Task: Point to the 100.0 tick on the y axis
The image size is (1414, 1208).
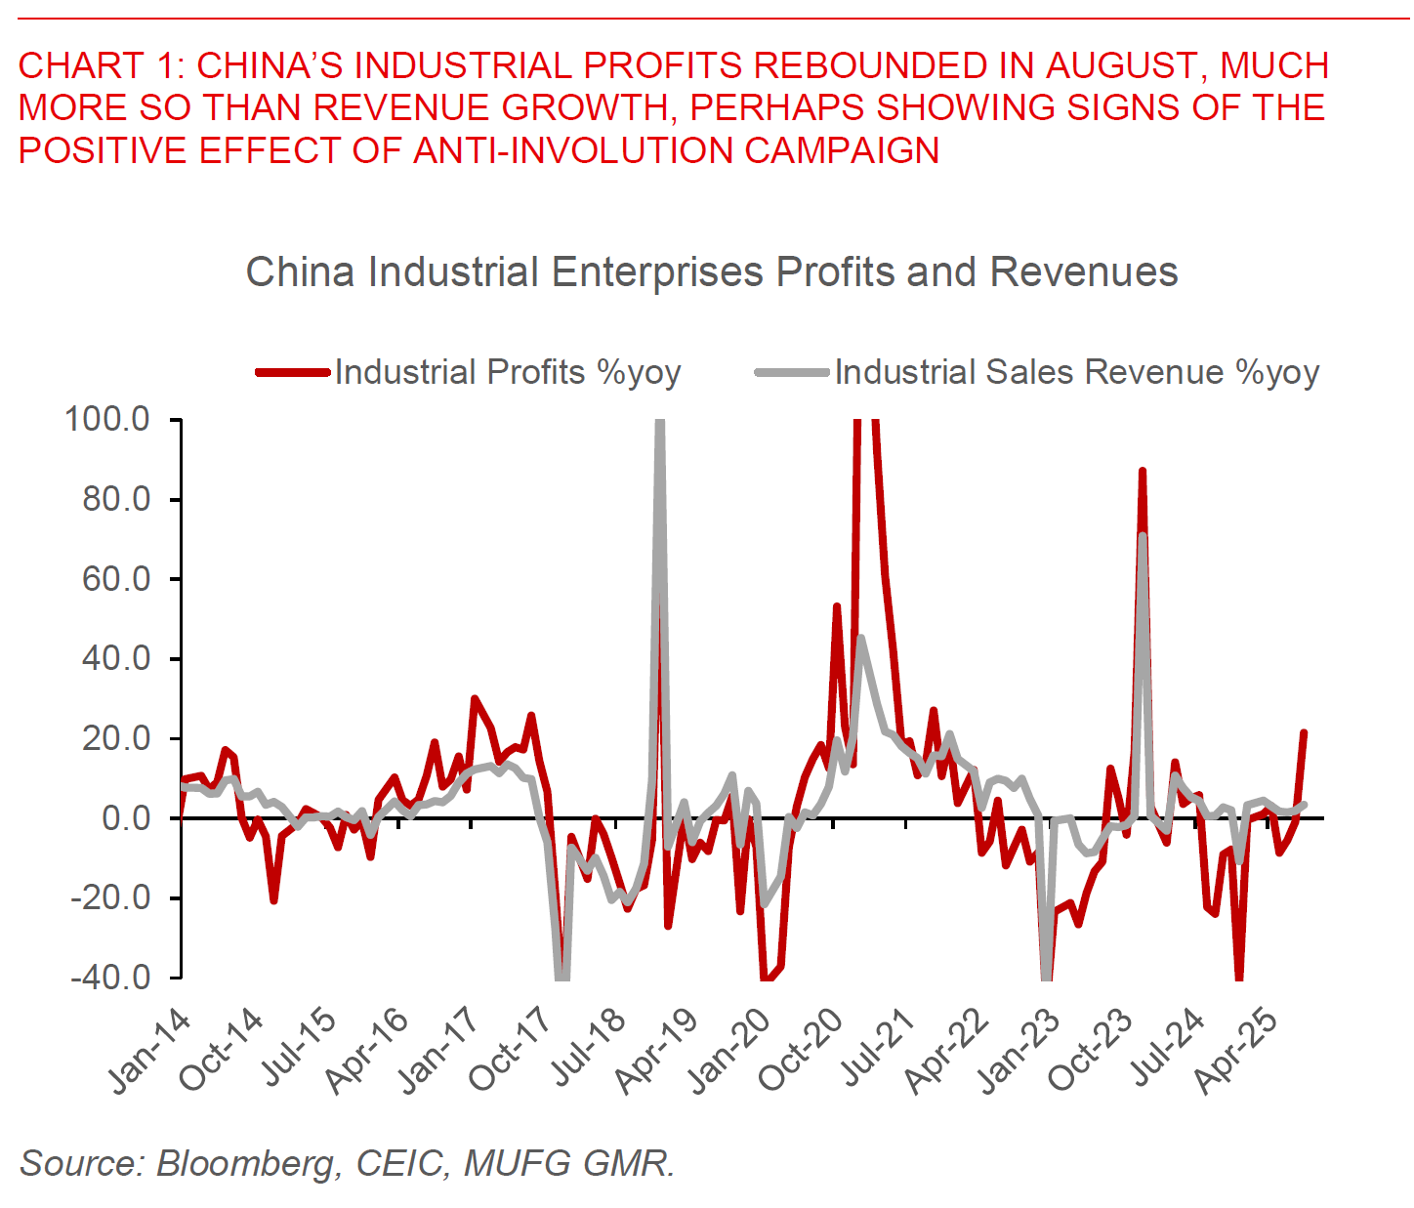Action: (107, 420)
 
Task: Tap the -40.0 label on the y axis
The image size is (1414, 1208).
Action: (109, 977)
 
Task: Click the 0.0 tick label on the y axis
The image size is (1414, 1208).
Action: (126, 817)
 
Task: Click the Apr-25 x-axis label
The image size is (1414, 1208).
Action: (1236, 1050)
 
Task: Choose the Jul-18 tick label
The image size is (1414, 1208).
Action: (587, 1050)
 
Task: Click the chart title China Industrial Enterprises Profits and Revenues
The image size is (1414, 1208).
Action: (711, 271)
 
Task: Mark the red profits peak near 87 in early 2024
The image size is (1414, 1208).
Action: (1142, 472)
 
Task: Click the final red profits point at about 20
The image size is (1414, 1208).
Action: (1303, 733)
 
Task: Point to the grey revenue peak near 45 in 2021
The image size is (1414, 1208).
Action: (860, 639)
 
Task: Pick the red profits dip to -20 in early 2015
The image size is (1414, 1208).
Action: (274, 899)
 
